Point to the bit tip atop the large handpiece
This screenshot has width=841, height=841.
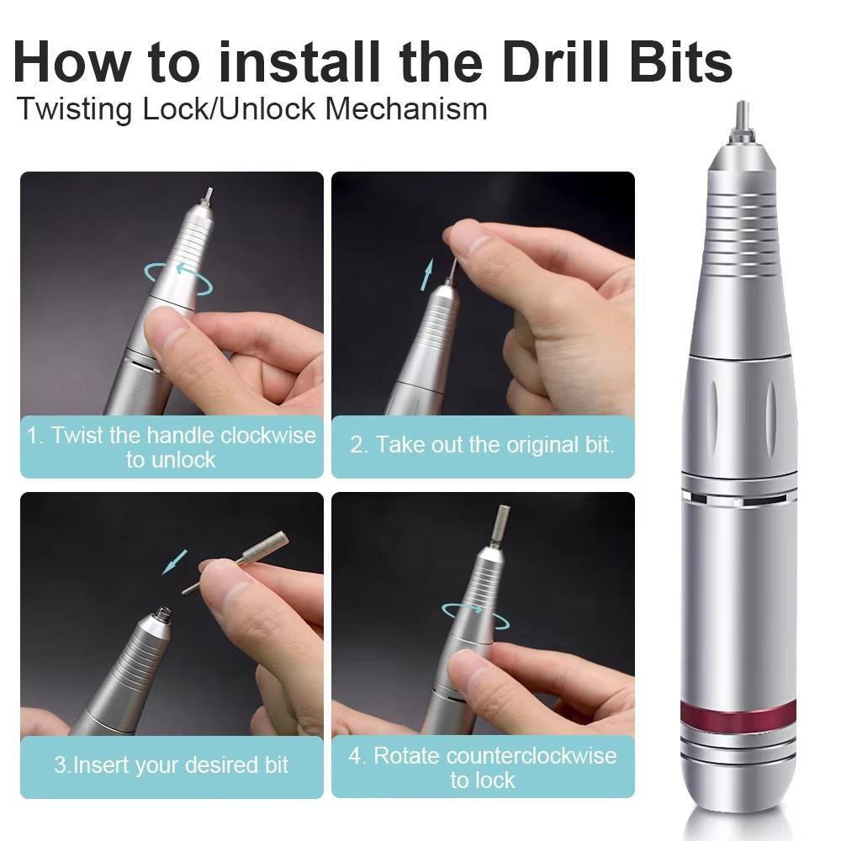click(743, 118)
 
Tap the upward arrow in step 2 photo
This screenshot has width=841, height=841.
click(427, 274)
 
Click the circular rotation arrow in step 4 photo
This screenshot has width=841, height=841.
click(476, 615)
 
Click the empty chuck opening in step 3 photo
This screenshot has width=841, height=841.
click(165, 613)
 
